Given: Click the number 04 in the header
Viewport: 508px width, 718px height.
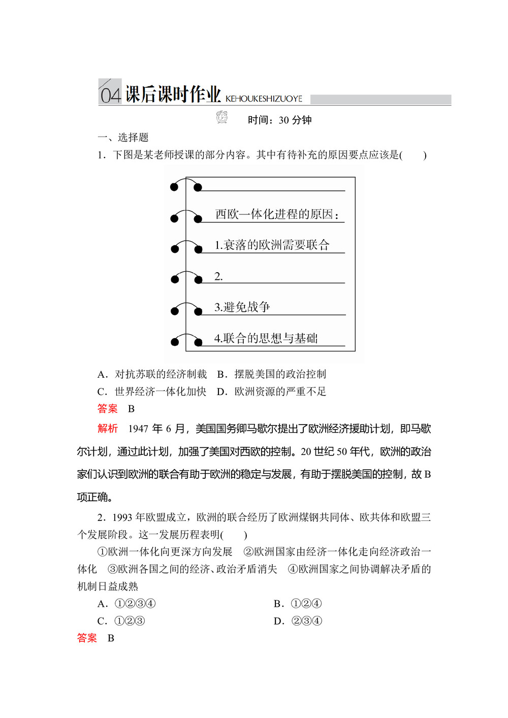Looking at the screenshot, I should pos(110,95).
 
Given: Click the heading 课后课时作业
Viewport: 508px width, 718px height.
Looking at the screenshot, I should pos(173,94).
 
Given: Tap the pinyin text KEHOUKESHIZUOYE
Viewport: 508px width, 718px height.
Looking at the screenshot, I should pos(264,99).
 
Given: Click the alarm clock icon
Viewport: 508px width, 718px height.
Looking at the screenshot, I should pos(222,117).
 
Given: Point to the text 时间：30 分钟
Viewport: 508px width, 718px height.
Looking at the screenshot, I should pos(279,120).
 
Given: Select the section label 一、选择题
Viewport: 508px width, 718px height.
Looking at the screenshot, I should pos(123,138).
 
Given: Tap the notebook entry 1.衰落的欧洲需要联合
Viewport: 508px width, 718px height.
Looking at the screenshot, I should pos(272,245).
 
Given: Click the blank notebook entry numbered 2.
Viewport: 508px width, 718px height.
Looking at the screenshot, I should pos(219,277).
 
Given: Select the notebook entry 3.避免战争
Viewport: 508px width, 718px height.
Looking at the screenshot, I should pos(242,307).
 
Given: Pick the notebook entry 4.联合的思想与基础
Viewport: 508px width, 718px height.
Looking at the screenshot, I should pos(266,338).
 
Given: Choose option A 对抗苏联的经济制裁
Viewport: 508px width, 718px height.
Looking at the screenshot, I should pos(152,374).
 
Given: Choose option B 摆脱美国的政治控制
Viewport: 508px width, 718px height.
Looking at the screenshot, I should pos(272,374).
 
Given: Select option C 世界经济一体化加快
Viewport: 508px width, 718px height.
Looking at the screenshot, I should pos(152,391).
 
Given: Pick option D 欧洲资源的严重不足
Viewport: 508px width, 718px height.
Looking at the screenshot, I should pos(272,391).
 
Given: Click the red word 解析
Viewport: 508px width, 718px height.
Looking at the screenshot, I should pos(108,429).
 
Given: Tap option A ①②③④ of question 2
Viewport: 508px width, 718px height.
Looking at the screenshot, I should pos(126,604).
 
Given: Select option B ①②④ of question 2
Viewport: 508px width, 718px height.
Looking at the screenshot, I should pos(298,604).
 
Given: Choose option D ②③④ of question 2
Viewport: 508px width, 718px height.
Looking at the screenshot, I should pos(298,621).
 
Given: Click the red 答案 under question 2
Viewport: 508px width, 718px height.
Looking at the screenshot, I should pos(87,638).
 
